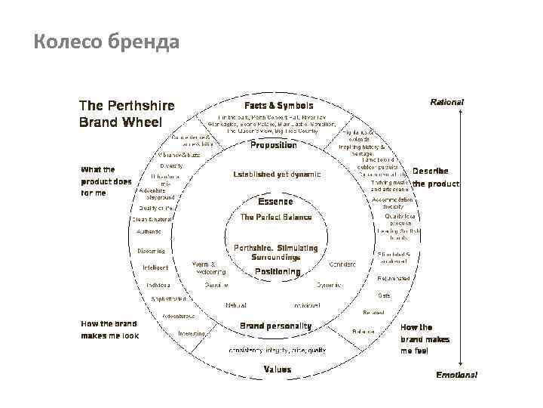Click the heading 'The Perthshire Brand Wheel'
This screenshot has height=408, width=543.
(x=127, y=113)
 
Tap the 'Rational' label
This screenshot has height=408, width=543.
(x=446, y=101)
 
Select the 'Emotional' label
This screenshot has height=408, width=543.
(x=456, y=375)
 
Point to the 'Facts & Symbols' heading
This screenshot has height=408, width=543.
(x=278, y=105)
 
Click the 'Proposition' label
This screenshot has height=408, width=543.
(x=273, y=145)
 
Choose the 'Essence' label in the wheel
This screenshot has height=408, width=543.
(x=275, y=202)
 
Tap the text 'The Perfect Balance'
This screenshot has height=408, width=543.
(x=275, y=217)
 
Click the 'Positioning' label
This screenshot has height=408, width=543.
(x=277, y=271)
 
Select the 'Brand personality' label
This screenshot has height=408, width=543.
(x=275, y=326)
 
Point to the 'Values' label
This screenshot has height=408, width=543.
(x=277, y=369)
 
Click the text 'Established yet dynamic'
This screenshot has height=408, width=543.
(x=277, y=174)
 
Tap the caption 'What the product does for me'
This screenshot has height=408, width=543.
(x=106, y=181)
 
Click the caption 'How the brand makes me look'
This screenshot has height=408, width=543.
(x=109, y=329)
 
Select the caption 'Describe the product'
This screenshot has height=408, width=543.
(x=435, y=177)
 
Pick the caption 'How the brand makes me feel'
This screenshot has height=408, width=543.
(x=425, y=339)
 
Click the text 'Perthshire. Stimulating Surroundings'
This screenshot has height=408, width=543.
(x=276, y=252)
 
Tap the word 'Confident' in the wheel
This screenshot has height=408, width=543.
(x=342, y=264)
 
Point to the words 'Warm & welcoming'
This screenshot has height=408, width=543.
(x=209, y=267)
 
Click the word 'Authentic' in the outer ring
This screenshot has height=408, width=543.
(x=149, y=232)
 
